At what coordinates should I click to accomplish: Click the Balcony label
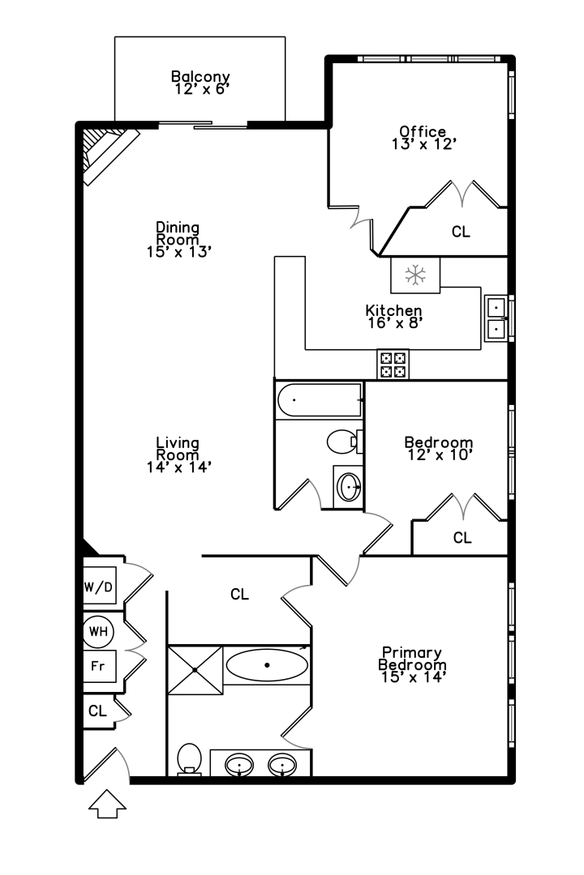[x=200, y=78]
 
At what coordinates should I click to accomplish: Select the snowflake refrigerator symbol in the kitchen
[x=415, y=275]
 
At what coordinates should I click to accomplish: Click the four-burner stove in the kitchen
[x=393, y=363]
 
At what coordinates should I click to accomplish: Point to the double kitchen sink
[x=496, y=318]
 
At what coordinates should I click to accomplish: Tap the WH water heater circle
[x=98, y=630]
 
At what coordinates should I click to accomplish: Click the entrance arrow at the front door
[x=107, y=805]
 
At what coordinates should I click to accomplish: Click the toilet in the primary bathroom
[x=189, y=760]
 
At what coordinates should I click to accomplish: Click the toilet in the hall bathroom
[x=341, y=442]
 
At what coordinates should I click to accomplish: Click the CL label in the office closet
[x=461, y=232]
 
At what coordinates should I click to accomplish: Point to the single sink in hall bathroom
[x=349, y=487]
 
